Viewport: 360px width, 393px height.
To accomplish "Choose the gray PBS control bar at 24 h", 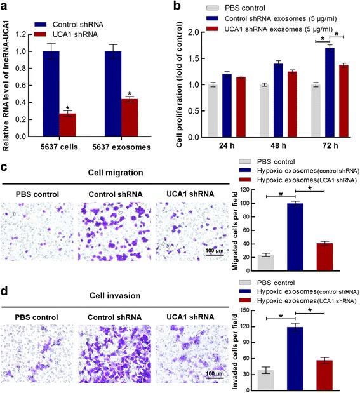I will pyautogui.click(x=213, y=110).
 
